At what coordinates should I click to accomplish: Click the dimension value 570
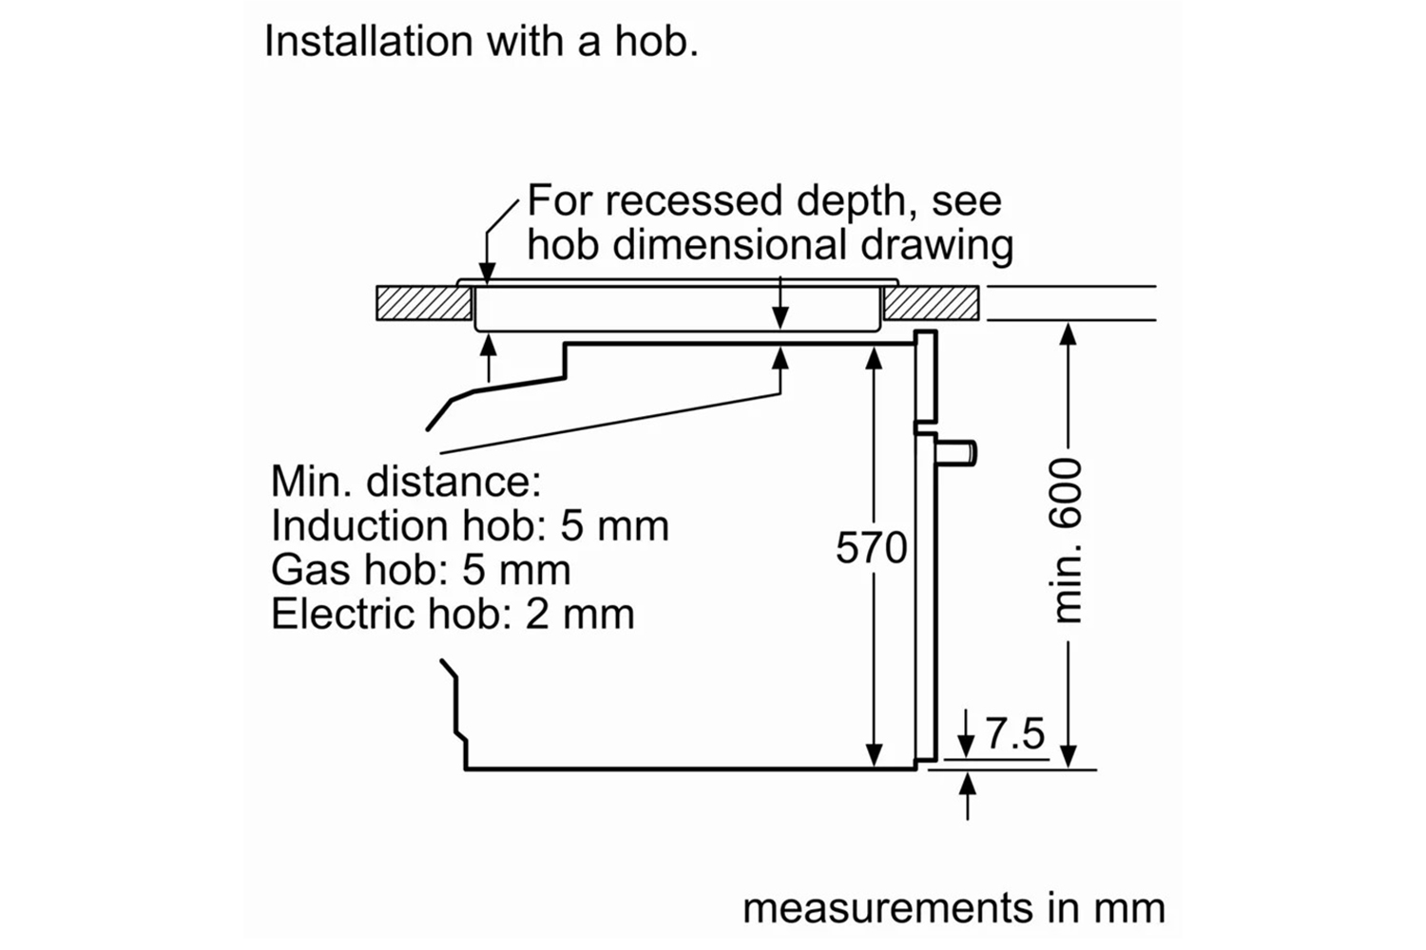coord(871,547)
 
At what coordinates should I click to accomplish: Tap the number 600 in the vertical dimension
coord(1067,492)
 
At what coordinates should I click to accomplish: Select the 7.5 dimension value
coord(1014,733)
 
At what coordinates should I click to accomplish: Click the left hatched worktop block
coord(424,303)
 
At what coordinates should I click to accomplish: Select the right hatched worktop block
coord(931,303)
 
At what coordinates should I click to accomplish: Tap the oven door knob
coord(956,454)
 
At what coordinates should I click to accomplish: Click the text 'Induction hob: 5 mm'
coord(470,526)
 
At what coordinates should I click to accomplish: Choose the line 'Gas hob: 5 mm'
coord(421,570)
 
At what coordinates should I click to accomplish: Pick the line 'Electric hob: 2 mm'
coord(453,614)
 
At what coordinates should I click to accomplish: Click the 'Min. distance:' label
coord(406,482)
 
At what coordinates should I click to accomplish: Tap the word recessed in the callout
coord(693,201)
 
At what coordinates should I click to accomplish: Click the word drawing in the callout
coord(936,246)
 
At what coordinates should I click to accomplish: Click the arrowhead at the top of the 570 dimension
coord(874,358)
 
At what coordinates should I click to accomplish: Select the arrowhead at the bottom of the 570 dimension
coord(874,755)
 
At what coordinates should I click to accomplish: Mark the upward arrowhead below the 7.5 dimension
coord(968,784)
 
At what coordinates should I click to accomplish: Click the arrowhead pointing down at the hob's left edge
coord(487,273)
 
